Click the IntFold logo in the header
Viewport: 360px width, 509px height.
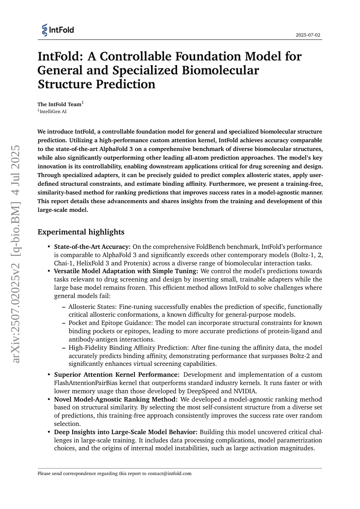click(58, 30)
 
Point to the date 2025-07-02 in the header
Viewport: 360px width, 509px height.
click(308, 35)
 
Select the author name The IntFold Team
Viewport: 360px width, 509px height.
click(59, 104)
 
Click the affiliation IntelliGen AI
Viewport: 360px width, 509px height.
click(54, 111)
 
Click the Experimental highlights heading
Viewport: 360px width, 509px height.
click(81, 232)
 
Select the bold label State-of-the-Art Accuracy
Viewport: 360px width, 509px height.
click(92, 247)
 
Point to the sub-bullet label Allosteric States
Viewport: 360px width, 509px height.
click(93, 307)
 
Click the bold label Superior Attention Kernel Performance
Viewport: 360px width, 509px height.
click(116, 375)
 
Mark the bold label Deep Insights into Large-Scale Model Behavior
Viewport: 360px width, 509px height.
click(125, 432)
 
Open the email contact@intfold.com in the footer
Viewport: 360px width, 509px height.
click(170, 473)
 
